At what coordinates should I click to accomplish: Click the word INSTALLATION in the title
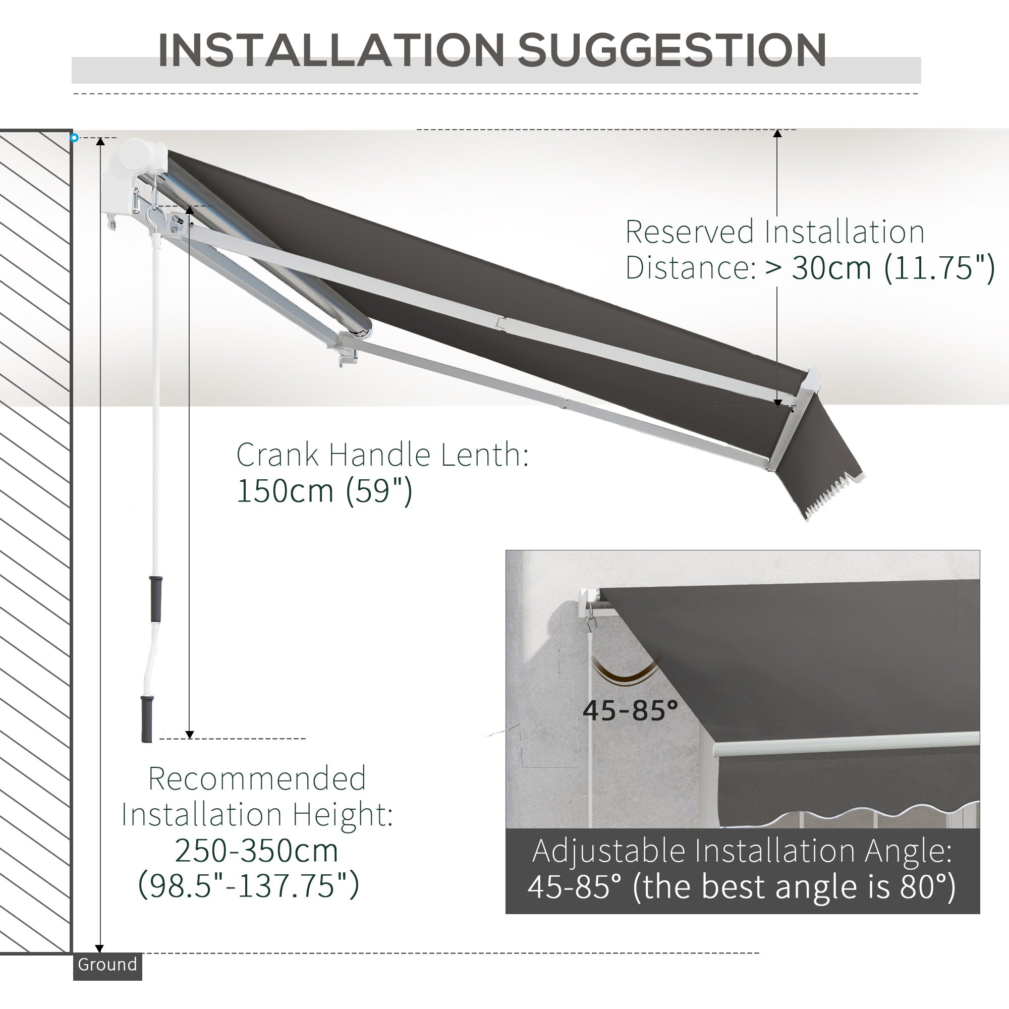pyautogui.click(x=330, y=50)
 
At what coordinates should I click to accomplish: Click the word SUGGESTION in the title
pyautogui.click(x=671, y=50)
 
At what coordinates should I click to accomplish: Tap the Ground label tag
pyautogui.click(x=107, y=964)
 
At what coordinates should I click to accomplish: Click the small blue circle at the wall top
pyautogui.click(x=74, y=138)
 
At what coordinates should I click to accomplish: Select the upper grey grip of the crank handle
pyautogui.click(x=155, y=598)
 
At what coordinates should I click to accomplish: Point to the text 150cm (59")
pyautogui.click(x=324, y=491)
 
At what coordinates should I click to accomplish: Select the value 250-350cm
pyautogui.click(x=256, y=850)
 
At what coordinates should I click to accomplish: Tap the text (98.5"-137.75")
pyautogui.click(x=249, y=885)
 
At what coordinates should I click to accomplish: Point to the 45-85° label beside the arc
pyautogui.click(x=630, y=710)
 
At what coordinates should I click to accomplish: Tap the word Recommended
pyautogui.click(x=257, y=778)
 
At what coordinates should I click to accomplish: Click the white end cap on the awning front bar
pyautogui.click(x=810, y=382)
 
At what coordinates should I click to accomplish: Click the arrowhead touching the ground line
pyautogui.click(x=99, y=948)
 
